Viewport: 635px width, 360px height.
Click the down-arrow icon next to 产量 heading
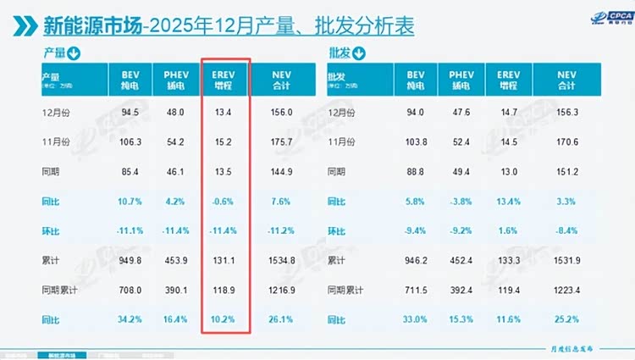(74, 54)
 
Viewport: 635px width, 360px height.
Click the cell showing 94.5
(130, 110)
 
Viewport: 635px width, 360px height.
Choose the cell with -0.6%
(224, 202)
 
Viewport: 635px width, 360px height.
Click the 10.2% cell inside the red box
(224, 320)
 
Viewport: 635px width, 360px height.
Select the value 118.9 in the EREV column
(224, 291)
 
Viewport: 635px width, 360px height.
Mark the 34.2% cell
(130, 320)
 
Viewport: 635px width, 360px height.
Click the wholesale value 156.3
(566, 110)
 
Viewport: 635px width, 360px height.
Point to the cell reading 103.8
(415, 141)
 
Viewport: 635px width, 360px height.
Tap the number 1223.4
(566, 291)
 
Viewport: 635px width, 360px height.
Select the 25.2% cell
(566, 320)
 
